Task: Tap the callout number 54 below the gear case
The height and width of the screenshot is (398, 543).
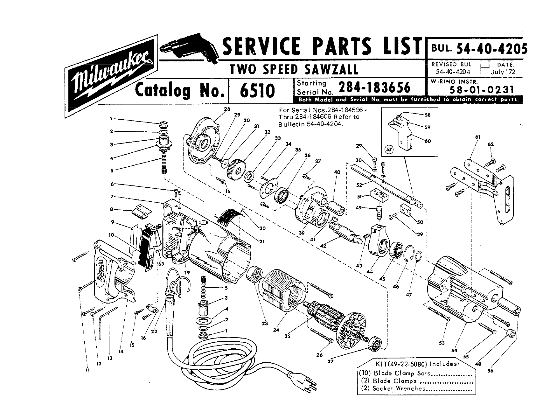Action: click(454, 350)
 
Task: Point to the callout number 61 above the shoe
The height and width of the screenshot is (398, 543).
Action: click(477, 137)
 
